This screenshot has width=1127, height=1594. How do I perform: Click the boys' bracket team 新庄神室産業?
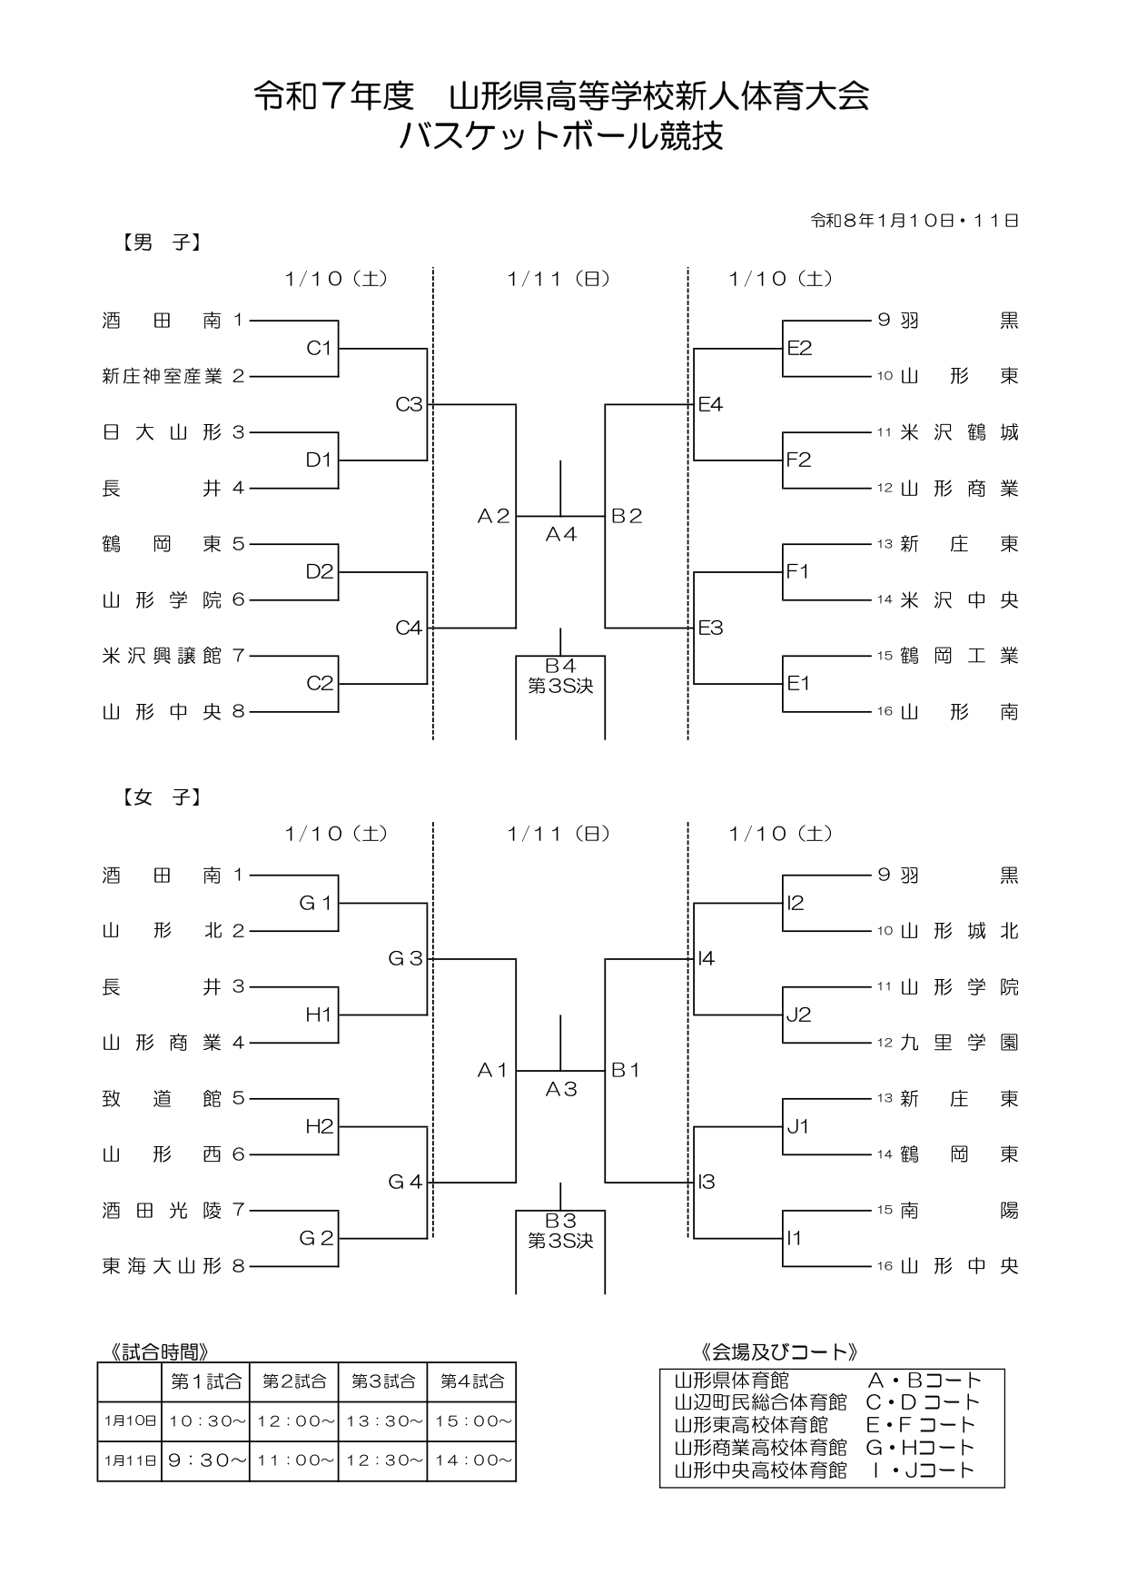(x=162, y=376)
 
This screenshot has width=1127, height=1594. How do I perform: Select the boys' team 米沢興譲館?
(x=162, y=656)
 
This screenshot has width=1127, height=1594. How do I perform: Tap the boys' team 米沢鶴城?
(x=959, y=432)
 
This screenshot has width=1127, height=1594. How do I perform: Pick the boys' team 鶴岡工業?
(x=959, y=656)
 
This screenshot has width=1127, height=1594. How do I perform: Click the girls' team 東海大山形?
(x=162, y=1266)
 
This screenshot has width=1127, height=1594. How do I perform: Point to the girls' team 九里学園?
(x=959, y=1043)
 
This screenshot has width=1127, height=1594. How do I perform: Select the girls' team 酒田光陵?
(x=162, y=1210)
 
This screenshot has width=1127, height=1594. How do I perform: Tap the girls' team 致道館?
(x=162, y=1098)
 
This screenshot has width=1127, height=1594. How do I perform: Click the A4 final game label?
(x=560, y=535)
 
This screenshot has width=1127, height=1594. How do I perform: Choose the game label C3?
(x=409, y=404)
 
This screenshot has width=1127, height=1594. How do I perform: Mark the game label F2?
(x=799, y=460)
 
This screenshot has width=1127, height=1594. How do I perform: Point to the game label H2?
(x=320, y=1126)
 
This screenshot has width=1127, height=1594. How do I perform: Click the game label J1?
(x=797, y=1126)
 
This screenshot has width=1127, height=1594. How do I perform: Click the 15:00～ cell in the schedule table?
(x=471, y=1421)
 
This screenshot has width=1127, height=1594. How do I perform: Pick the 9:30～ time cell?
(x=205, y=1460)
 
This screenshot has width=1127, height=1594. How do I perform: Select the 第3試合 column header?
(x=382, y=1381)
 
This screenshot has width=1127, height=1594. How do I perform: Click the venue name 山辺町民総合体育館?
(x=760, y=1402)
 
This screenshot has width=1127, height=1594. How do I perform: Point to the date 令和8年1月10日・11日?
(x=914, y=221)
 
